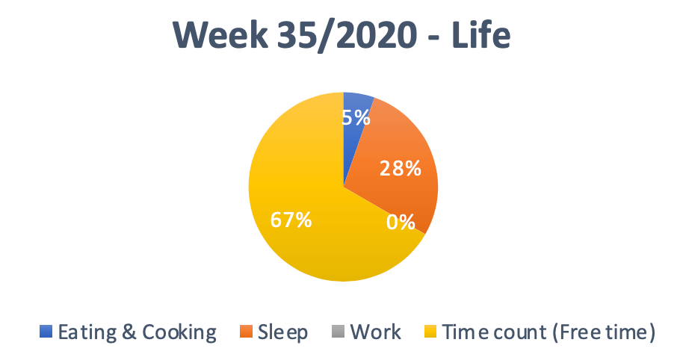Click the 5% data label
356,117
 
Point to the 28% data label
401,168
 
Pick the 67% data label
291,220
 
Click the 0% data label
401,222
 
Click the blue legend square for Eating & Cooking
46,331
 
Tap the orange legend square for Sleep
247,331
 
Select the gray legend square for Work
339,331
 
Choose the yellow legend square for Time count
431,331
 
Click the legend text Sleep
282,332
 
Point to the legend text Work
375,332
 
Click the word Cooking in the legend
179,332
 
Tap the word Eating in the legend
87,332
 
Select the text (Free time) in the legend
604,332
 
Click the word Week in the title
220,35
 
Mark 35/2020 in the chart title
347,35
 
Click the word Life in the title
480,34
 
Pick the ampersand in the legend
129,332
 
